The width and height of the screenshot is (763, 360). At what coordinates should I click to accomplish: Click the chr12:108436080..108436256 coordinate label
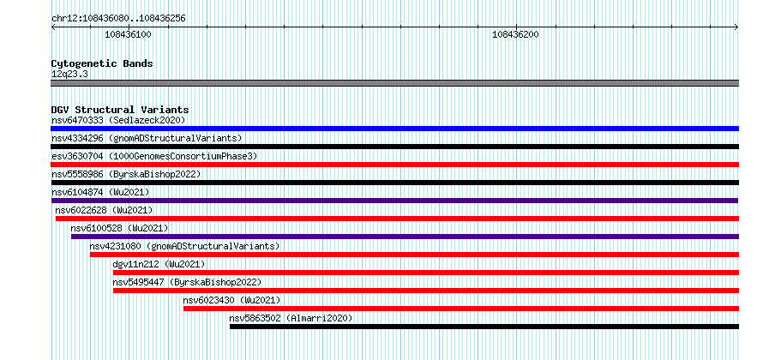click(118, 19)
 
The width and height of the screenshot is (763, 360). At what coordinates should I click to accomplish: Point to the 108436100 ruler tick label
click(128, 34)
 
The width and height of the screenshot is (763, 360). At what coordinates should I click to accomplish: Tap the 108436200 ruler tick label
click(515, 34)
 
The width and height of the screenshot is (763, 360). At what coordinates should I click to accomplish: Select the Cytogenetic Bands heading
click(102, 63)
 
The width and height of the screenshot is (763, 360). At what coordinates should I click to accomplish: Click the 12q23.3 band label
click(69, 75)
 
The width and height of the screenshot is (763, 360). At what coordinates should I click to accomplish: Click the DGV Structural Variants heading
click(120, 110)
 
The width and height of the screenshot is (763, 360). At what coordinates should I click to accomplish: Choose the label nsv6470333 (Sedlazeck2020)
click(118, 120)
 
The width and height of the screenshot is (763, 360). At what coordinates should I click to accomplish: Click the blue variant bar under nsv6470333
click(394, 129)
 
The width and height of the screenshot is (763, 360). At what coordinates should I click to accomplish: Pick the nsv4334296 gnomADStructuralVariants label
click(147, 138)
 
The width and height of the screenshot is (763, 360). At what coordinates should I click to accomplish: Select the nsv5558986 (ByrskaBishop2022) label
click(126, 174)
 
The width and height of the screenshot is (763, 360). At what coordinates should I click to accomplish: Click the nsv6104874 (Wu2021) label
click(100, 192)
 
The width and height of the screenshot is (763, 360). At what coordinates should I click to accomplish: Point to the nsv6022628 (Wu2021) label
click(104, 210)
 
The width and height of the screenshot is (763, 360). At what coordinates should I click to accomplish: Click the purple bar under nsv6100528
click(405, 237)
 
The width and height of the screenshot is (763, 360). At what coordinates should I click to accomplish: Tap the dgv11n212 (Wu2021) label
click(159, 264)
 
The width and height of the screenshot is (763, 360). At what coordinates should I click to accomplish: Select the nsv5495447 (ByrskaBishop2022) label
click(188, 282)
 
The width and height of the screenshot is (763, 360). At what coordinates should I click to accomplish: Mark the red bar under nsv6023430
click(461, 309)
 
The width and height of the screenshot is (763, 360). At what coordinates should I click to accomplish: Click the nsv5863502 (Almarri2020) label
click(291, 318)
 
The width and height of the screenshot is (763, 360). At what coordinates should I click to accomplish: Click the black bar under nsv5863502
click(484, 327)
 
